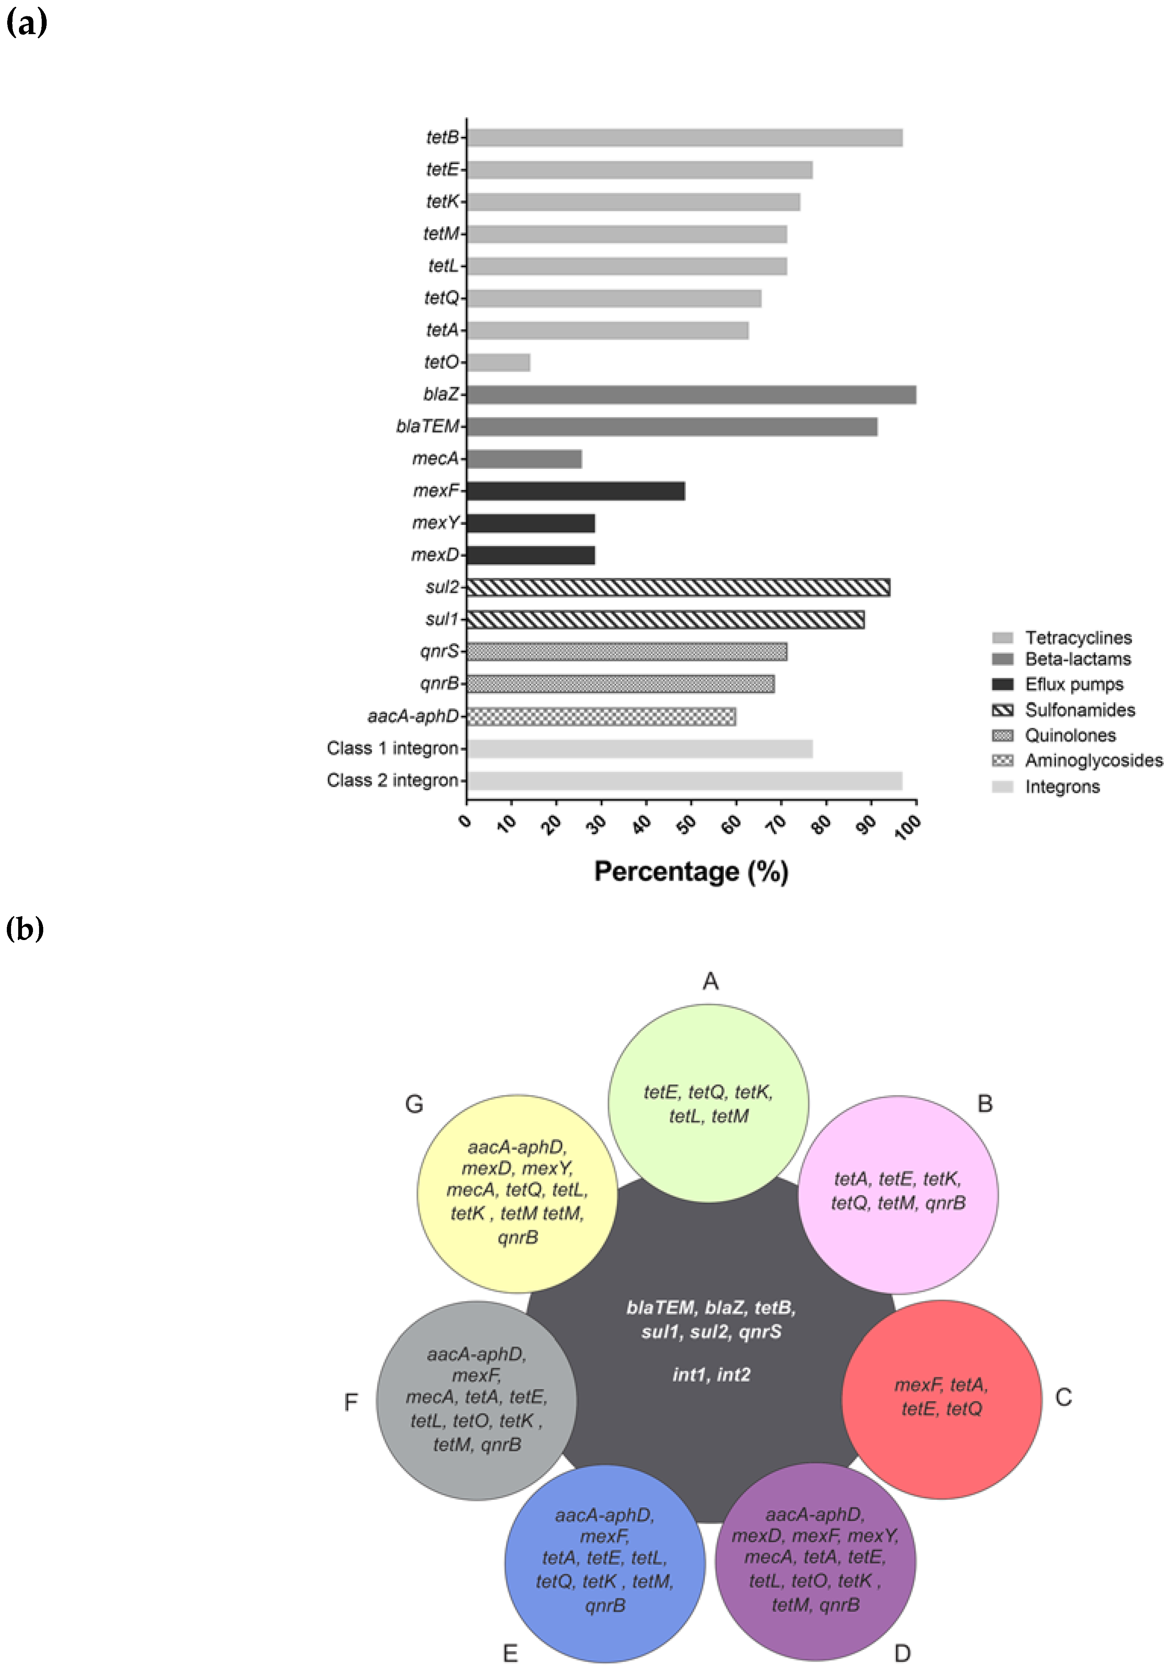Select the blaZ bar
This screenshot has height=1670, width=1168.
coord(691,394)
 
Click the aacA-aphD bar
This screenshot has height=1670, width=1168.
coord(601,716)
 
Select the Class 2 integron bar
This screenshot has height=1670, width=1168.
coord(684,780)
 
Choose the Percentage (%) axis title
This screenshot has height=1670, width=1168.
coord(691,871)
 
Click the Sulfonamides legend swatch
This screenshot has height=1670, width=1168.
coord(1002,710)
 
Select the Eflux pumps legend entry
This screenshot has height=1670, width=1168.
coord(1074,684)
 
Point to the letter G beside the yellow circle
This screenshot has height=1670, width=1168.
coord(414,1104)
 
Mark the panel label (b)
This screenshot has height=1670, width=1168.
coord(25,928)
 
